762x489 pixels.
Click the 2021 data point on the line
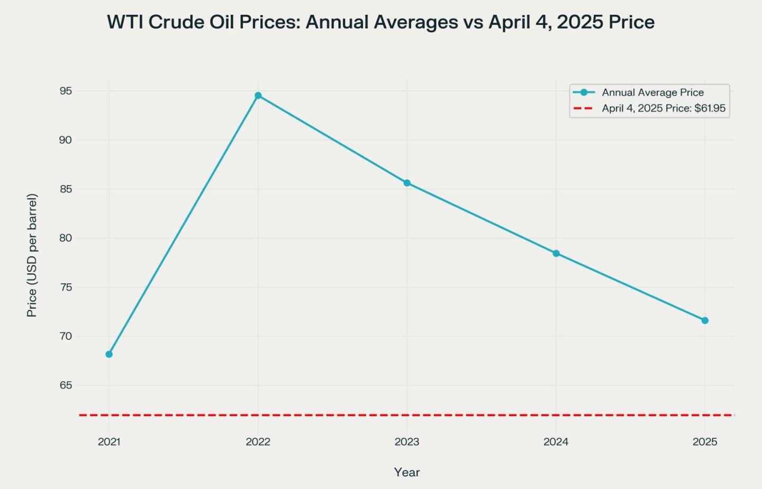click(109, 354)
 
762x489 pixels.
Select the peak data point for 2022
click(258, 96)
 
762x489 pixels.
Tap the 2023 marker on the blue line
click(407, 183)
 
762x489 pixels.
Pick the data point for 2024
click(556, 254)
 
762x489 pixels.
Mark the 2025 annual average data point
click(705, 320)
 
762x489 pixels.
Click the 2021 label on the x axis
click(109, 442)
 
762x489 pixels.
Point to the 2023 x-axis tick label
click(407, 442)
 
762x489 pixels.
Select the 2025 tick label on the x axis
click(705, 442)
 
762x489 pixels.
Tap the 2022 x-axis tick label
click(258, 442)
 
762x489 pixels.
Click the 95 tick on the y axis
click(66, 91)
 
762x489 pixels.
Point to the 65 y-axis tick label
click(66, 385)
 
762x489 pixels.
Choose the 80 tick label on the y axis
click(66, 238)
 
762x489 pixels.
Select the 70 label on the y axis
click(66, 336)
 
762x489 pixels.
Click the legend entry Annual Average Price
click(652, 93)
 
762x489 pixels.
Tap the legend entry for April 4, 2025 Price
click(664, 108)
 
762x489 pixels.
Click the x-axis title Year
click(407, 473)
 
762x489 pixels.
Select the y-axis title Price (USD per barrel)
click(32, 255)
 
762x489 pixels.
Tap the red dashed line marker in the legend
click(584, 108)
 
